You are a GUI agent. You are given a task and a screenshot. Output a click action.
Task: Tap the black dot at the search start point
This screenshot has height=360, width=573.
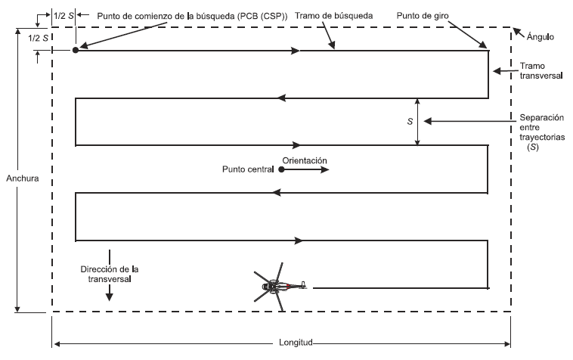tap(76, 50)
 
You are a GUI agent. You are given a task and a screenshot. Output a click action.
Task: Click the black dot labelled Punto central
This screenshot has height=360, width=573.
tap(281, 170)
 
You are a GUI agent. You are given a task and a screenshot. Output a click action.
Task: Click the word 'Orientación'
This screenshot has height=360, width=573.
tap(305, 160)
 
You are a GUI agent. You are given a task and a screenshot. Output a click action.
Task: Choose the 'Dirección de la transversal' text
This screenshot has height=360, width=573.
tap(110, 273)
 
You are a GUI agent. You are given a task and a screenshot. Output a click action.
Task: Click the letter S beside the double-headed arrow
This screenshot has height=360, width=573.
tap(409, 121)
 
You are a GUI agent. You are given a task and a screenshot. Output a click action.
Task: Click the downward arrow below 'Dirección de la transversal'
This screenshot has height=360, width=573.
tap(110, 293)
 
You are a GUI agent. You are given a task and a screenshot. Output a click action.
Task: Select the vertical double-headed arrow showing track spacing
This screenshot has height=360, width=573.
tap(418, 121)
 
